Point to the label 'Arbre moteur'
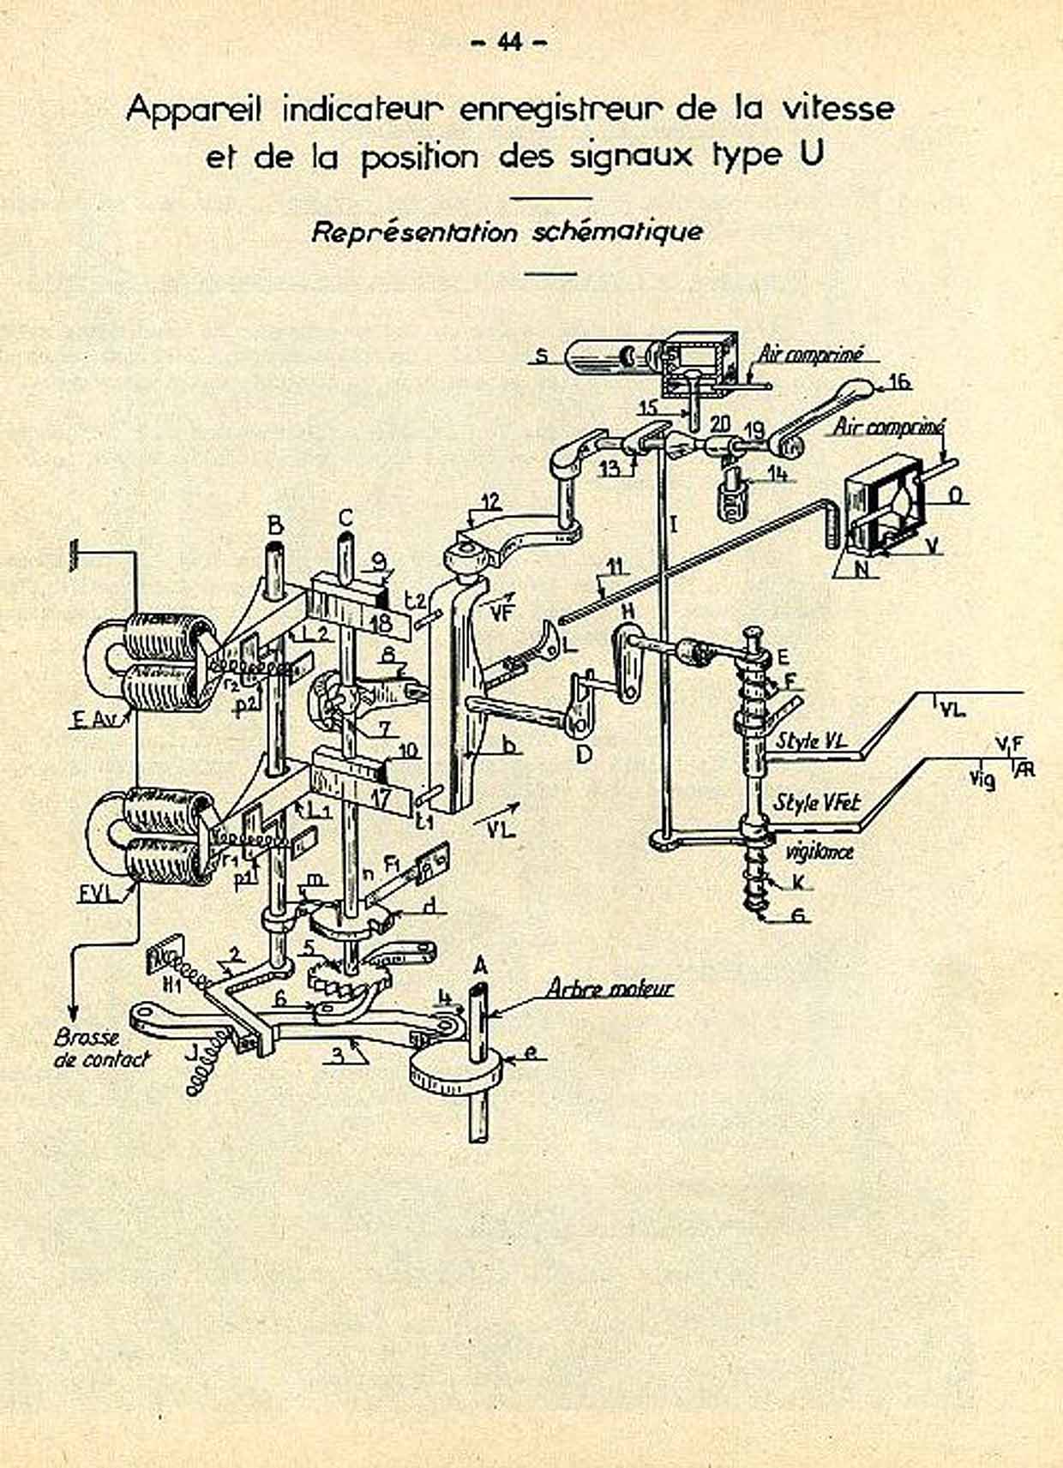(x=610, y=988)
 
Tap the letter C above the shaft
(x=345, y=518)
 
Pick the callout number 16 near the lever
(x=899, y=381)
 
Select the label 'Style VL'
(x=811, y=741)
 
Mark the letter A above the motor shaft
(x=481, y=965)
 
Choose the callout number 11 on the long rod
(x=616, y=566)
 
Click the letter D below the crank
(x=585, y=754)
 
